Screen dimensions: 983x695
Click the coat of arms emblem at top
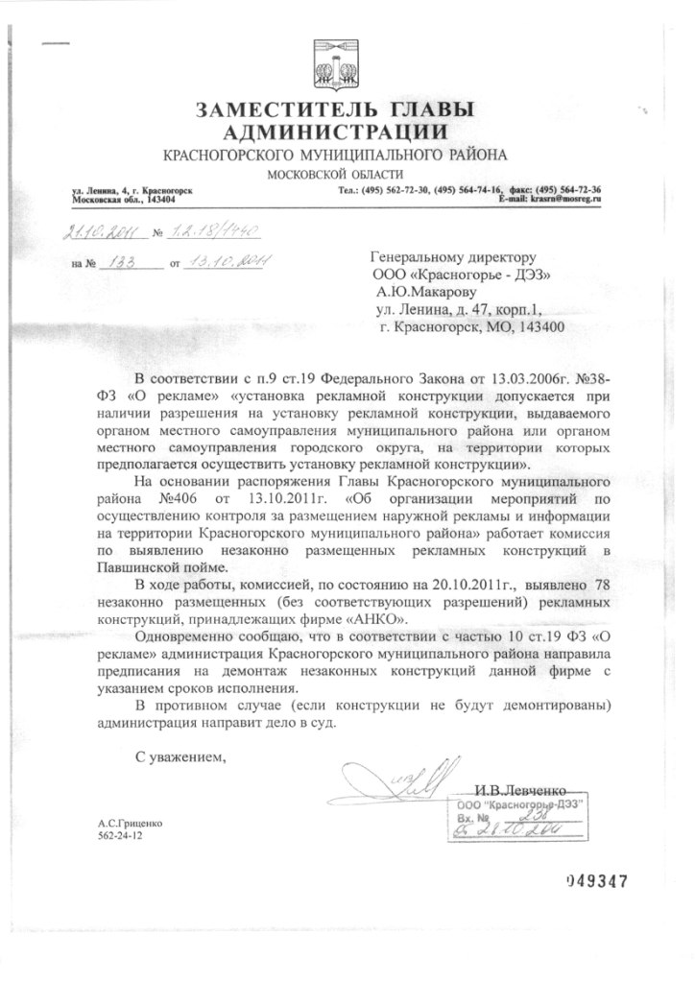click(337, 63)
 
